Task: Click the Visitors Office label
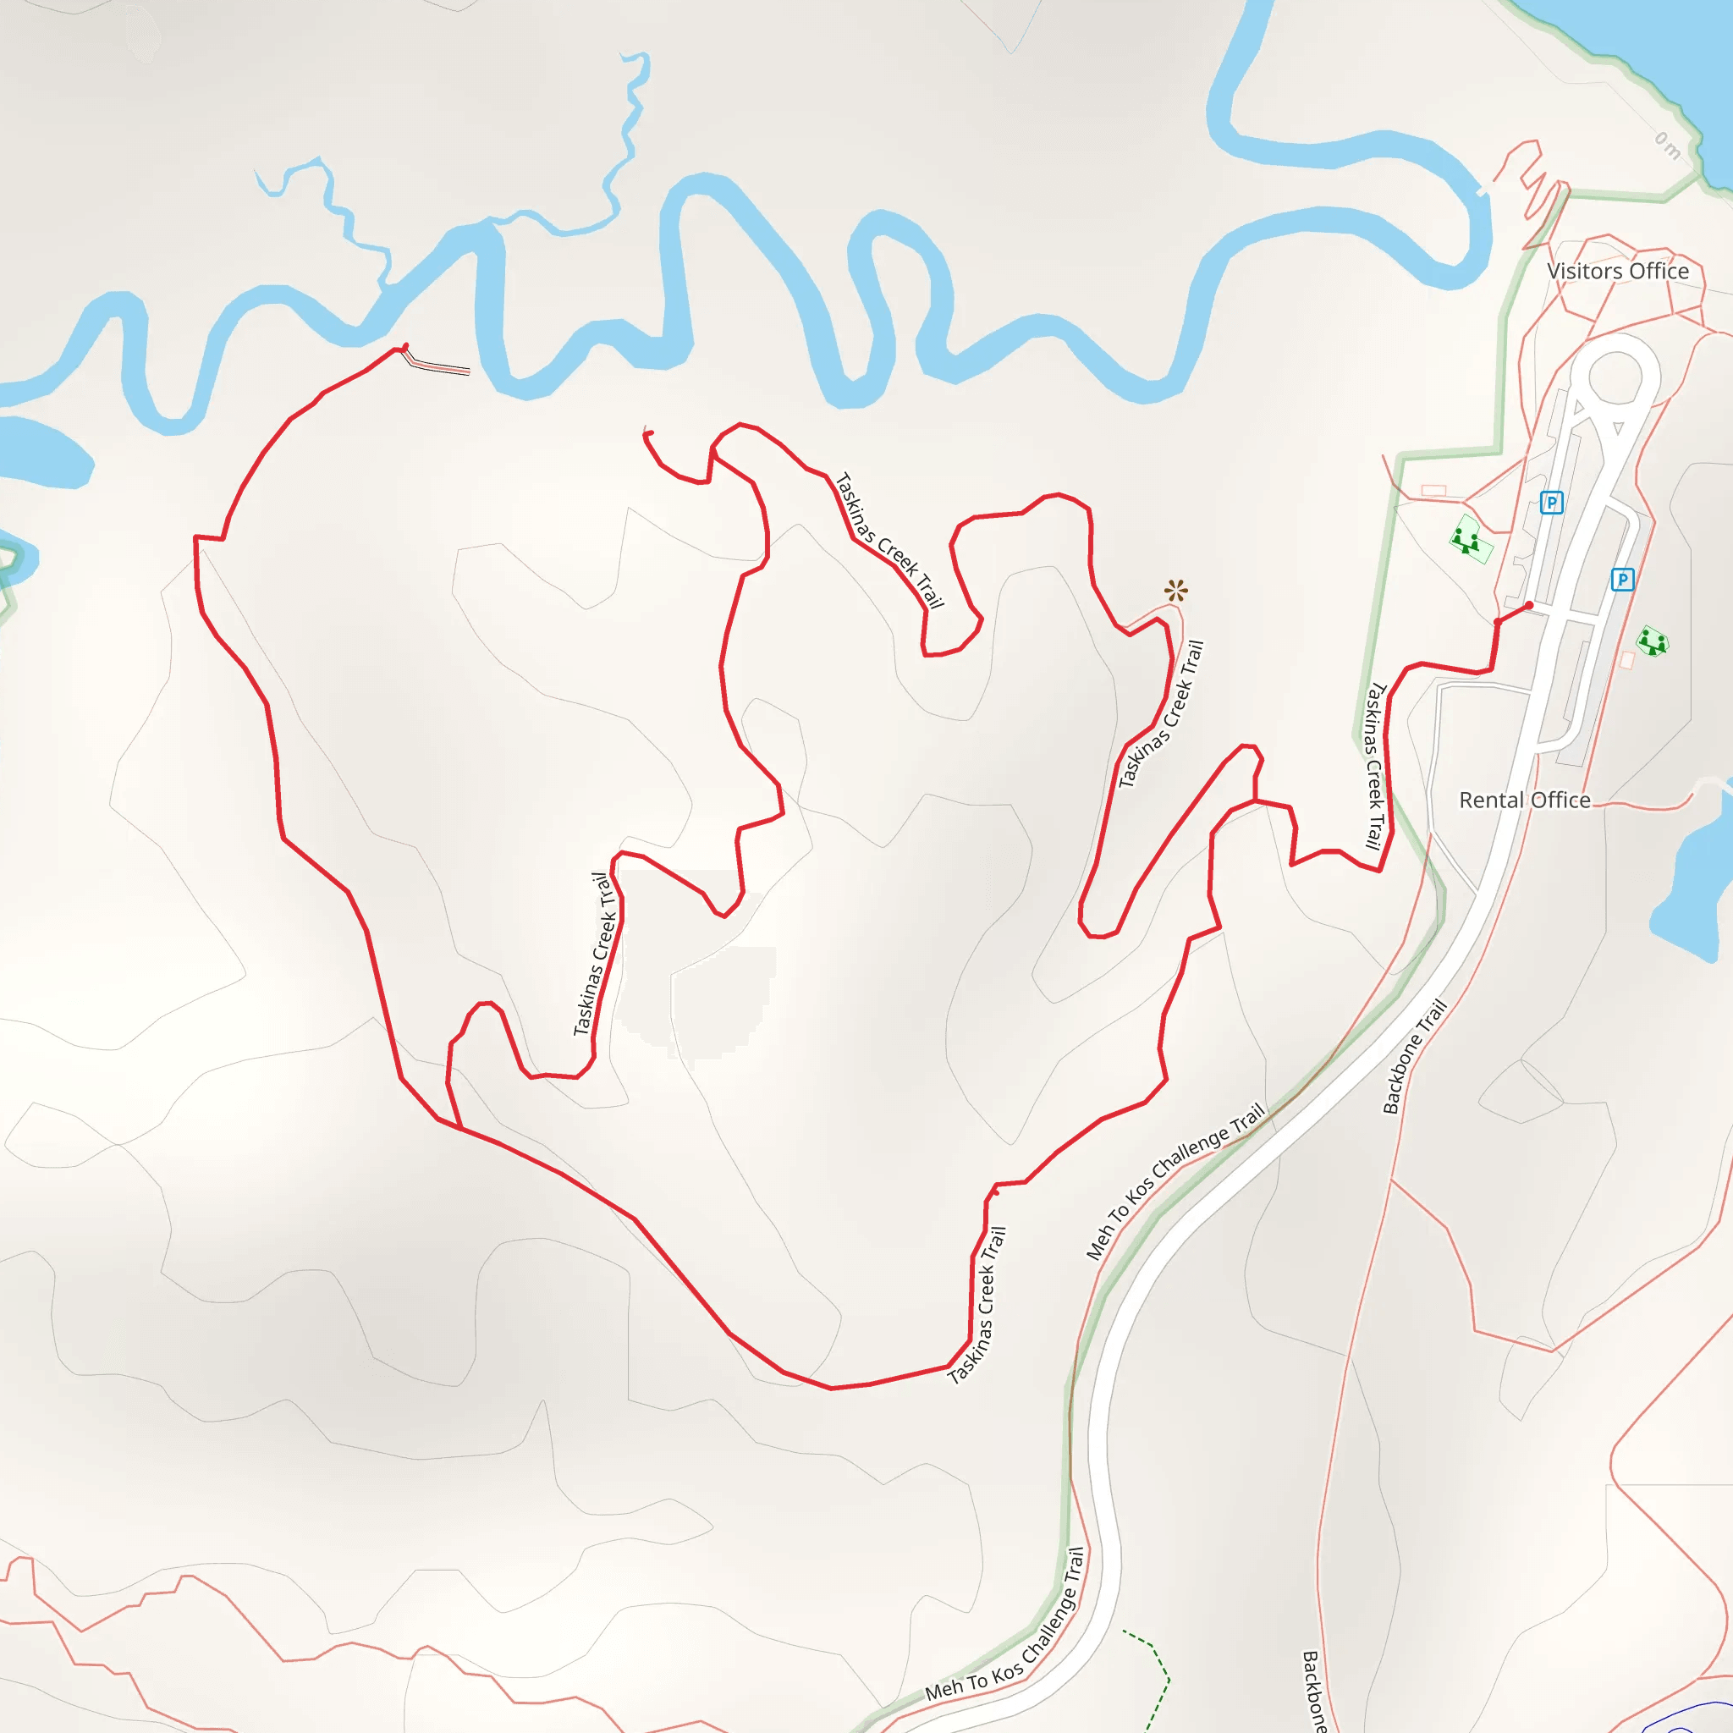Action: (1617, 271)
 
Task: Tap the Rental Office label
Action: (1524, 800)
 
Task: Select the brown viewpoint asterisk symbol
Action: (1176, 591)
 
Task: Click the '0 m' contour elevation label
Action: (1667, 146)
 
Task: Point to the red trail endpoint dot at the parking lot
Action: (1529, 606)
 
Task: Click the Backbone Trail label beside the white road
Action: (1415, 1057)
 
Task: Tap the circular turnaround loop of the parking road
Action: (1615, 376)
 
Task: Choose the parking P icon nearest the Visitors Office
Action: (1551, 503)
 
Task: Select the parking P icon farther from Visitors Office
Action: (1622, 580)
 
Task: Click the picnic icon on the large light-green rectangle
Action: (1466, 541)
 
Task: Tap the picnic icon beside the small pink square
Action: (1652, 641)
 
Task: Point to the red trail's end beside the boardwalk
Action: (405, 346)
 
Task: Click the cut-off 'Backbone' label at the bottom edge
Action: (1313, 1692)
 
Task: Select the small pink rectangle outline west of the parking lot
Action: (1433, 491)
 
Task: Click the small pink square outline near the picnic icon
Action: (1627, 660)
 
